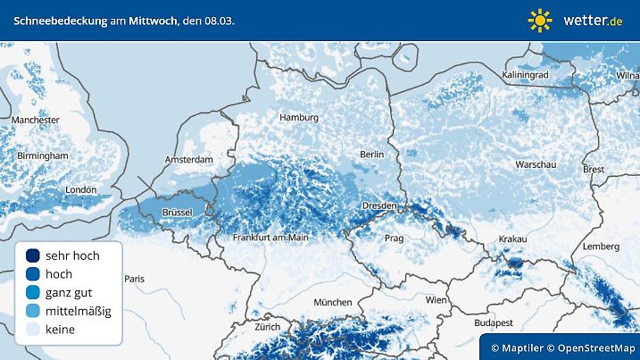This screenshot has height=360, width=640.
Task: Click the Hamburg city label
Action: [x=299, y=118]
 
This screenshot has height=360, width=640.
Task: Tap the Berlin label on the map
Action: [x=370, y=155]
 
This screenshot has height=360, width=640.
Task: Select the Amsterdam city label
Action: [x=188, y=160]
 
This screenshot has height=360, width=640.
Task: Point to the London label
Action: [x=81, y=189]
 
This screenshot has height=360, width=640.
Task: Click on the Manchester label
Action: [x=36, y=120]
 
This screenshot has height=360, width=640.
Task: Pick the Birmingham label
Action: [x=43, y=155]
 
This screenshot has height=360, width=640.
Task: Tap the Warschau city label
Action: [x=536, y=165]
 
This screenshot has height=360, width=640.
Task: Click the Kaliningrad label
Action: [x=525, y=76]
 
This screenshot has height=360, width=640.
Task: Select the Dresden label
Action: [x=378, y=206]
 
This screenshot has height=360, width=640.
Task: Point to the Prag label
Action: [x=393, y=239]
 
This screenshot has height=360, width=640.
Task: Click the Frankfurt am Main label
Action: [x=270, y=238]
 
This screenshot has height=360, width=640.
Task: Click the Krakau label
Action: [x=513, y=239]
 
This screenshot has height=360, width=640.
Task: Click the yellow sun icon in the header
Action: [x=540, y=20]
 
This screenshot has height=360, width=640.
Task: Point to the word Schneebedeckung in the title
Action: [x=57, y=20]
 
